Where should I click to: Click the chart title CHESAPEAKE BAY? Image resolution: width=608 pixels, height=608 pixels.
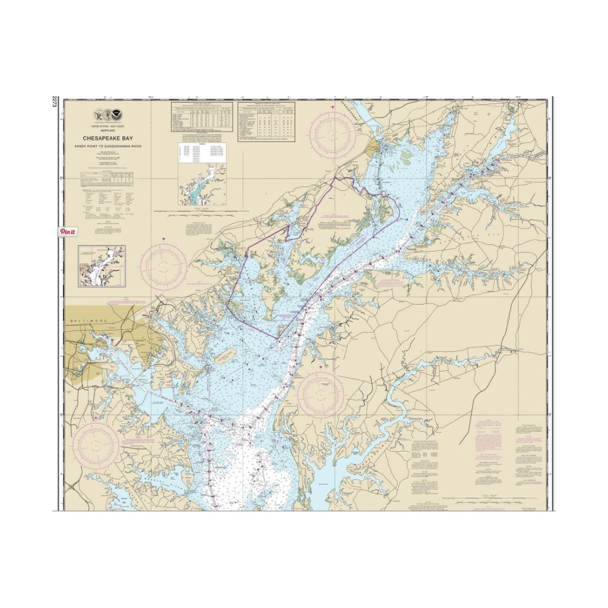108,137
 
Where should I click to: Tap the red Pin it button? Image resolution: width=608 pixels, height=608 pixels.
68,231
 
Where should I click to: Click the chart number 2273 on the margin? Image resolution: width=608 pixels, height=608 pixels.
55,102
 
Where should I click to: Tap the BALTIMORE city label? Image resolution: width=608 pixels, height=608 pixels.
88,320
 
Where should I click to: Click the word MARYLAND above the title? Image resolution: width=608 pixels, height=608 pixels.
108,131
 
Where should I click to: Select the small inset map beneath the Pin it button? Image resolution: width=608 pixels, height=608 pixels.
101,266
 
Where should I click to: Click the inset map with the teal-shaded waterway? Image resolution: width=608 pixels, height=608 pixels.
203,184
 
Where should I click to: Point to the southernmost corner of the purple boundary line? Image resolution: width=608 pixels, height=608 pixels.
277,338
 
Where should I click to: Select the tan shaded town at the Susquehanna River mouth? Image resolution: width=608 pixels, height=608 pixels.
373,149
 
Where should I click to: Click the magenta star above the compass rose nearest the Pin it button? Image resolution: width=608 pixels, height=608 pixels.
164,240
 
